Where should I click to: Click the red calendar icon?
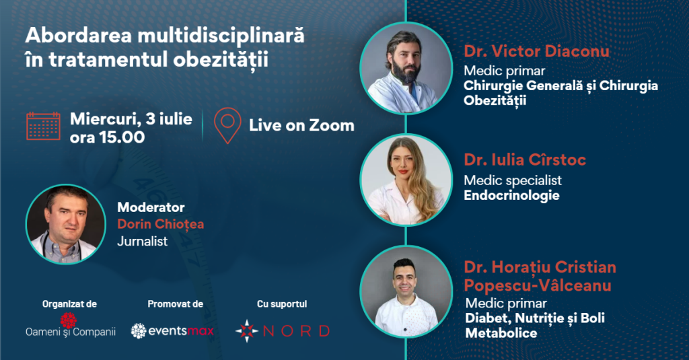pos(43,126)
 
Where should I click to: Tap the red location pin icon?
pos(227,126)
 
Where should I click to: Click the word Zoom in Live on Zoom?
pos(332,126)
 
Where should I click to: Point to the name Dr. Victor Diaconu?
pos(536,51)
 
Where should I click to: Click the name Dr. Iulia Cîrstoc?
pos(525,160)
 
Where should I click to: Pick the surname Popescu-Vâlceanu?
pos(538,286)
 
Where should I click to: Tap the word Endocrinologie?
pos(511,195)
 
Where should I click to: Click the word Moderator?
pos(151,207)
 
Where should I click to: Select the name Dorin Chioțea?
pos(160,224)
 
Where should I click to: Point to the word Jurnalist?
pos(143,242)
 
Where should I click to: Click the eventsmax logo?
pos(172,330)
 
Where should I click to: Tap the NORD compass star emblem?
pos(247,331)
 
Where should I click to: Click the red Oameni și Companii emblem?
pos(69,320)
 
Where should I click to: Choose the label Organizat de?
pos(69,303)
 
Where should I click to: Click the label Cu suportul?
pos(282,303)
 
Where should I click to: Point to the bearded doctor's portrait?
pos(406,68)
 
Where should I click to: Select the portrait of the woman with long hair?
pos(406,180)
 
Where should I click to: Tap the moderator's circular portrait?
pos(66,224)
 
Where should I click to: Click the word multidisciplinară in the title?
pos(221,36)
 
